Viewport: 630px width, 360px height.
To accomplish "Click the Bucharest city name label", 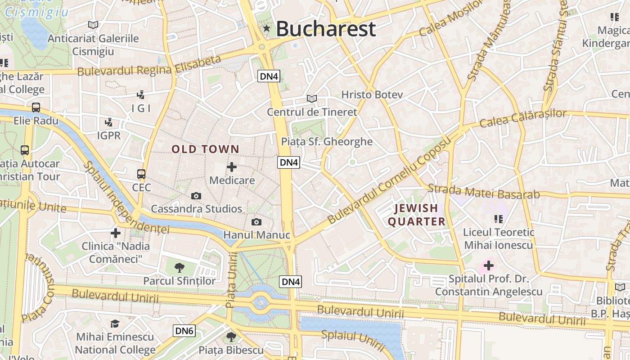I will tap(325, 29).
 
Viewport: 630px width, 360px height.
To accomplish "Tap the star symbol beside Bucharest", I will tap(267, 28).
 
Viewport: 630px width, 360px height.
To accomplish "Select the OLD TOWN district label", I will tap(205, 149).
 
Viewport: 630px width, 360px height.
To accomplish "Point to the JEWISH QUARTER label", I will tap(416, 215).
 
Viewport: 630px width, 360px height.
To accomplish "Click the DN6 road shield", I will tap(184, 331).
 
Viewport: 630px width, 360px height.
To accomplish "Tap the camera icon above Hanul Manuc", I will tap(256, 222).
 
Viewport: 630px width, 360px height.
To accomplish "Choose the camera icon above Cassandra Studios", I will tap(196, 196).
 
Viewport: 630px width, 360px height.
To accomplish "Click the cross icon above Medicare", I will tap(232, 167).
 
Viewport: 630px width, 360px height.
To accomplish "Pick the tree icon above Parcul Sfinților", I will tap(180, 268).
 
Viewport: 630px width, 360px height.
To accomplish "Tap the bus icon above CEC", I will tap(141, 174).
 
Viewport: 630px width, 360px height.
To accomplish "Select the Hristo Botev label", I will tap(372, 94).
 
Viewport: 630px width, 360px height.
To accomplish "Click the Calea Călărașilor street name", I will tap(523, 118).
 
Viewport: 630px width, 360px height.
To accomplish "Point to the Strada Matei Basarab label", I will tap(483, 192).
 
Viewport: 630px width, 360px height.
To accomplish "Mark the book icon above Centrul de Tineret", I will tap(312, 99).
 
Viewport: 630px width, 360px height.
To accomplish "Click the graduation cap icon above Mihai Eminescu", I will tap(115, 324).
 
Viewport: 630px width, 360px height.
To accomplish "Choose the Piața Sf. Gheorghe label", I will tap(327, 142).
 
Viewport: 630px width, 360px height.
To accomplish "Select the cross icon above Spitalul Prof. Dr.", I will tap(488, 265).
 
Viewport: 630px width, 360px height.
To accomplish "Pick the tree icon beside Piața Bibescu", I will tap(231, 337).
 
